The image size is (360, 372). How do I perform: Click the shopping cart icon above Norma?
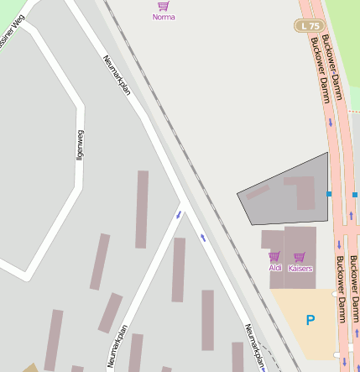(164, 5)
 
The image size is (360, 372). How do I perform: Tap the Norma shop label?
(164, 17)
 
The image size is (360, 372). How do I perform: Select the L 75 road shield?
(309, 26)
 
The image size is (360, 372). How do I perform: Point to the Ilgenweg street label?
(80, 144)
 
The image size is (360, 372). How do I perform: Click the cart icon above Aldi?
(274, 256)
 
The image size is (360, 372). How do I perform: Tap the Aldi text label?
(275, 268)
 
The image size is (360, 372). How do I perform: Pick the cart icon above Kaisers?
(300, 256)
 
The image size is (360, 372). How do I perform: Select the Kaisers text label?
(300, 269)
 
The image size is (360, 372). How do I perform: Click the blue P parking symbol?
(310, 320)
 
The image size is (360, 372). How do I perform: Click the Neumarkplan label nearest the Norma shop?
(116, 76)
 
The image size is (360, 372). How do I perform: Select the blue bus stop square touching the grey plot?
(329, 194)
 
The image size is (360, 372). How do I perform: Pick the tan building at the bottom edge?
(31, 368)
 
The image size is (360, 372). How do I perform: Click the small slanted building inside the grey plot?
(258, 192)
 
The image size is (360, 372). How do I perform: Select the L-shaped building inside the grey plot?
(302, 191)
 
